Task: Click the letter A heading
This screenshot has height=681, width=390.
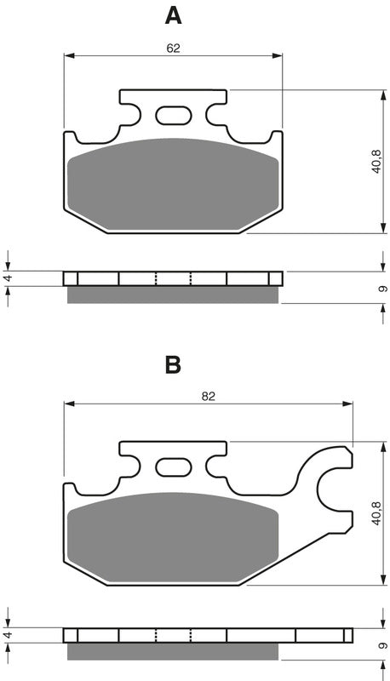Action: [x=173, y=15]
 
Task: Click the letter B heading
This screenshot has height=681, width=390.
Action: [x=173, y=365]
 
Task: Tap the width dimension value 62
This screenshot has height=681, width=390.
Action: [x=173, y=48]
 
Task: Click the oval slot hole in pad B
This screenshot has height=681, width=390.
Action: [x=173, y=466]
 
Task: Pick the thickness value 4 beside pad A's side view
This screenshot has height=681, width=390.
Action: [x=8, y=278]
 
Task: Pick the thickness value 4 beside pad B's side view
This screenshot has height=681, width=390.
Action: [x=8, y=635]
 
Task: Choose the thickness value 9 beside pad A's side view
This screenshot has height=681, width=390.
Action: [x=382, y=289]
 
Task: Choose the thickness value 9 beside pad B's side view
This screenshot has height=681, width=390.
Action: [x=382, y=645]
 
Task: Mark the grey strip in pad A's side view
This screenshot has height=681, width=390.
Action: [x=173, y=295]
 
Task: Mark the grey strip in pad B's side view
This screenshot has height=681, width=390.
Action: [x=173, y=651]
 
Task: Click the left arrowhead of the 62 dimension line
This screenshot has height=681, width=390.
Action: [x=68, y=57]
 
